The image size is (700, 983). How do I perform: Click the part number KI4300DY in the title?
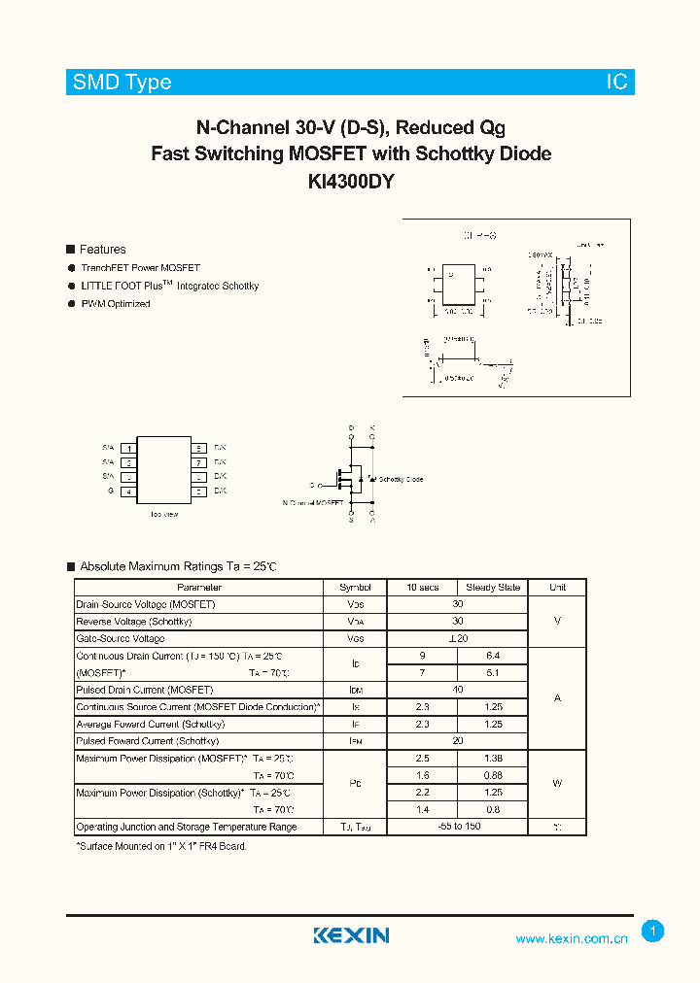[x=351, y=181]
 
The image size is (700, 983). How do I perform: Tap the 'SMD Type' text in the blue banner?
[x=122, y=83]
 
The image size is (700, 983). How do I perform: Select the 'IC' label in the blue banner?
[x=617, y=83]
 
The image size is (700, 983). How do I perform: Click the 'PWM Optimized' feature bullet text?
[x=115, y=304]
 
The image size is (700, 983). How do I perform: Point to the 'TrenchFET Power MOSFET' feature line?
[x=140, y=268]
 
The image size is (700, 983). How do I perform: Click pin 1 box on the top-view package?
[x=128, y=448]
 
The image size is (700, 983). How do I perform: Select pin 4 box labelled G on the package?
[x=128, y=491]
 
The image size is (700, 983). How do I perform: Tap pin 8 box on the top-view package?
[x=197, y=448]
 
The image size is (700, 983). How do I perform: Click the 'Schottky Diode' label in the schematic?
[x=401, y=480]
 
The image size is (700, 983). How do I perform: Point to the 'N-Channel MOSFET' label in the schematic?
[x=313, y=503]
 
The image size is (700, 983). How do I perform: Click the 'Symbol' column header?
[x=355, y=588]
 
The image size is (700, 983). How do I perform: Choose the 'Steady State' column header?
[x=493, y=588]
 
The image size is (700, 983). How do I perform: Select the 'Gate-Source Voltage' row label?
[x=120, y=639]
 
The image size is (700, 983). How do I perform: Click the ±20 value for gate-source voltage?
[x=458, y=639]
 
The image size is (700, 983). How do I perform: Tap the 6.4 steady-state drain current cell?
[x=493, y=656]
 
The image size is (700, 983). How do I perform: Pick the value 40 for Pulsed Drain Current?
[x=458, y=690]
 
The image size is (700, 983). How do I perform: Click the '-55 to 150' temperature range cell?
[x=458, y=827]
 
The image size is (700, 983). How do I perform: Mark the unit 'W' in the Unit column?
[x=557, y=783]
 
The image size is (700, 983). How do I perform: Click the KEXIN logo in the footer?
[x=351, y=935]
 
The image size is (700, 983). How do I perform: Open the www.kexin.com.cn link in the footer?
[x=571, y=938]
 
